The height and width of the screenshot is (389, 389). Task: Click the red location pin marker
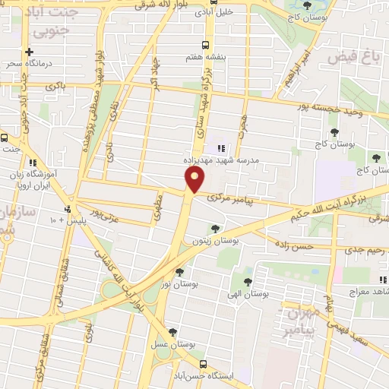[195, 180]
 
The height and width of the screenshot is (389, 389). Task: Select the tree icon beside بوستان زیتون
[216, 227]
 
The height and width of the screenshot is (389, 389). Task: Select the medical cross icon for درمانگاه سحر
[29, 52]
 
